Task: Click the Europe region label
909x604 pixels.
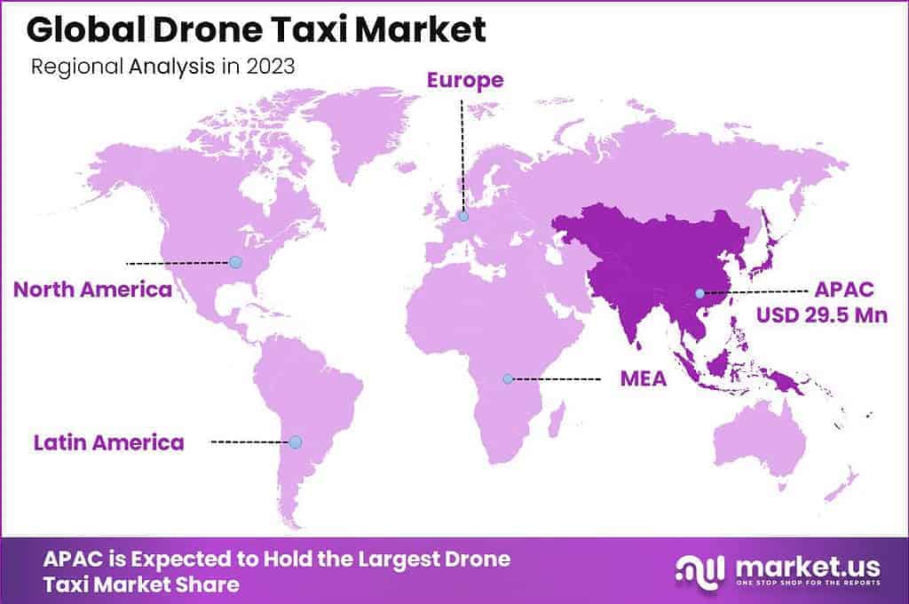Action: click(x=465, y=81)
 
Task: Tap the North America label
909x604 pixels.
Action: click(x=92, y=290)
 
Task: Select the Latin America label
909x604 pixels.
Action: click(x=109, y=442)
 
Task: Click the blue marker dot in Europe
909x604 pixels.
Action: click(x=463, y=215)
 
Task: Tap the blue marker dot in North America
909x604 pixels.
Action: click(x=235, y=262)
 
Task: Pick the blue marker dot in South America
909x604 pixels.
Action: click(x=296, y=441)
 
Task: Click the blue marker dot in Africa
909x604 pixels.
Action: click(x=508, y=378)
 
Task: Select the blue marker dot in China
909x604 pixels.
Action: click(x=700, y=292)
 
